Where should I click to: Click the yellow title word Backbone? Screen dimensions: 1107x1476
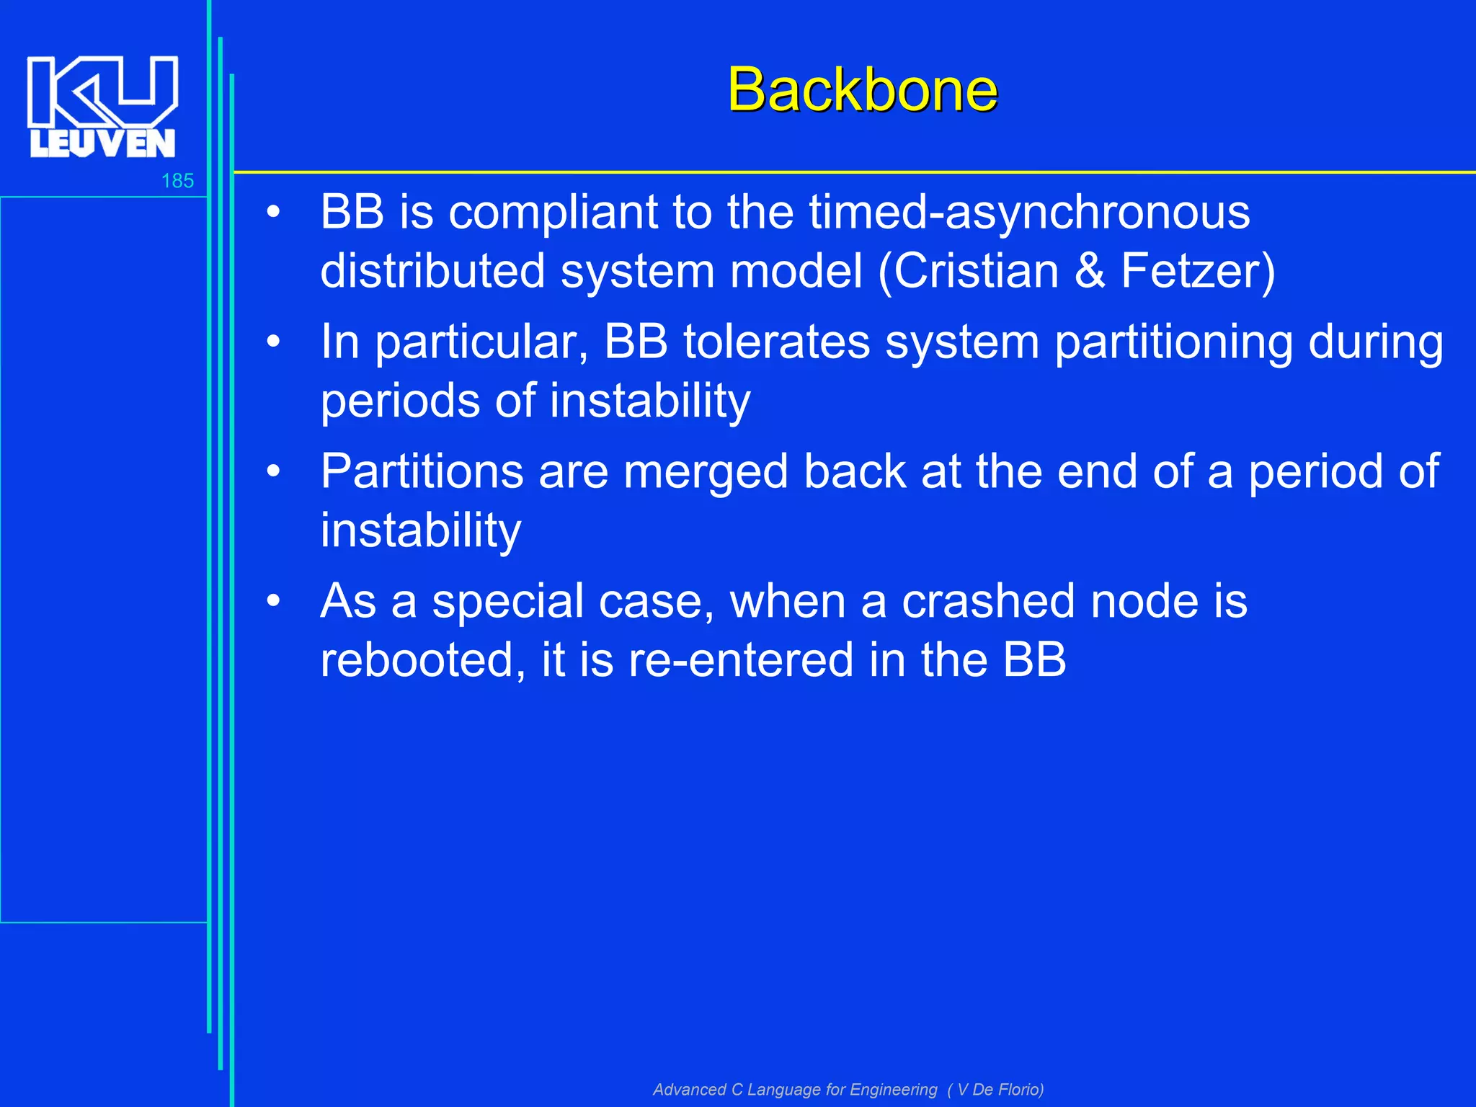(x=862, y=90)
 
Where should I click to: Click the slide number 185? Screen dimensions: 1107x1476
(x=177, y=181)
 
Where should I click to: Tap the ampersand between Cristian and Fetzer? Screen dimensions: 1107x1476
(x=1089, y=271)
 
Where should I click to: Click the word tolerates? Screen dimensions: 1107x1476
(x=777, y=342)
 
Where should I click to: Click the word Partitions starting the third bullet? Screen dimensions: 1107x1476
(x=422, y=471)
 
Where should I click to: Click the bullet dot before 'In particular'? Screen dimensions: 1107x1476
(x=273, y=342)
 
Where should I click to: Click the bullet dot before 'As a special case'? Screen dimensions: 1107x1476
(x=273, y=601)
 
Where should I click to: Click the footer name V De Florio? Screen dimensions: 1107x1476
(x=1000, y=1089)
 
